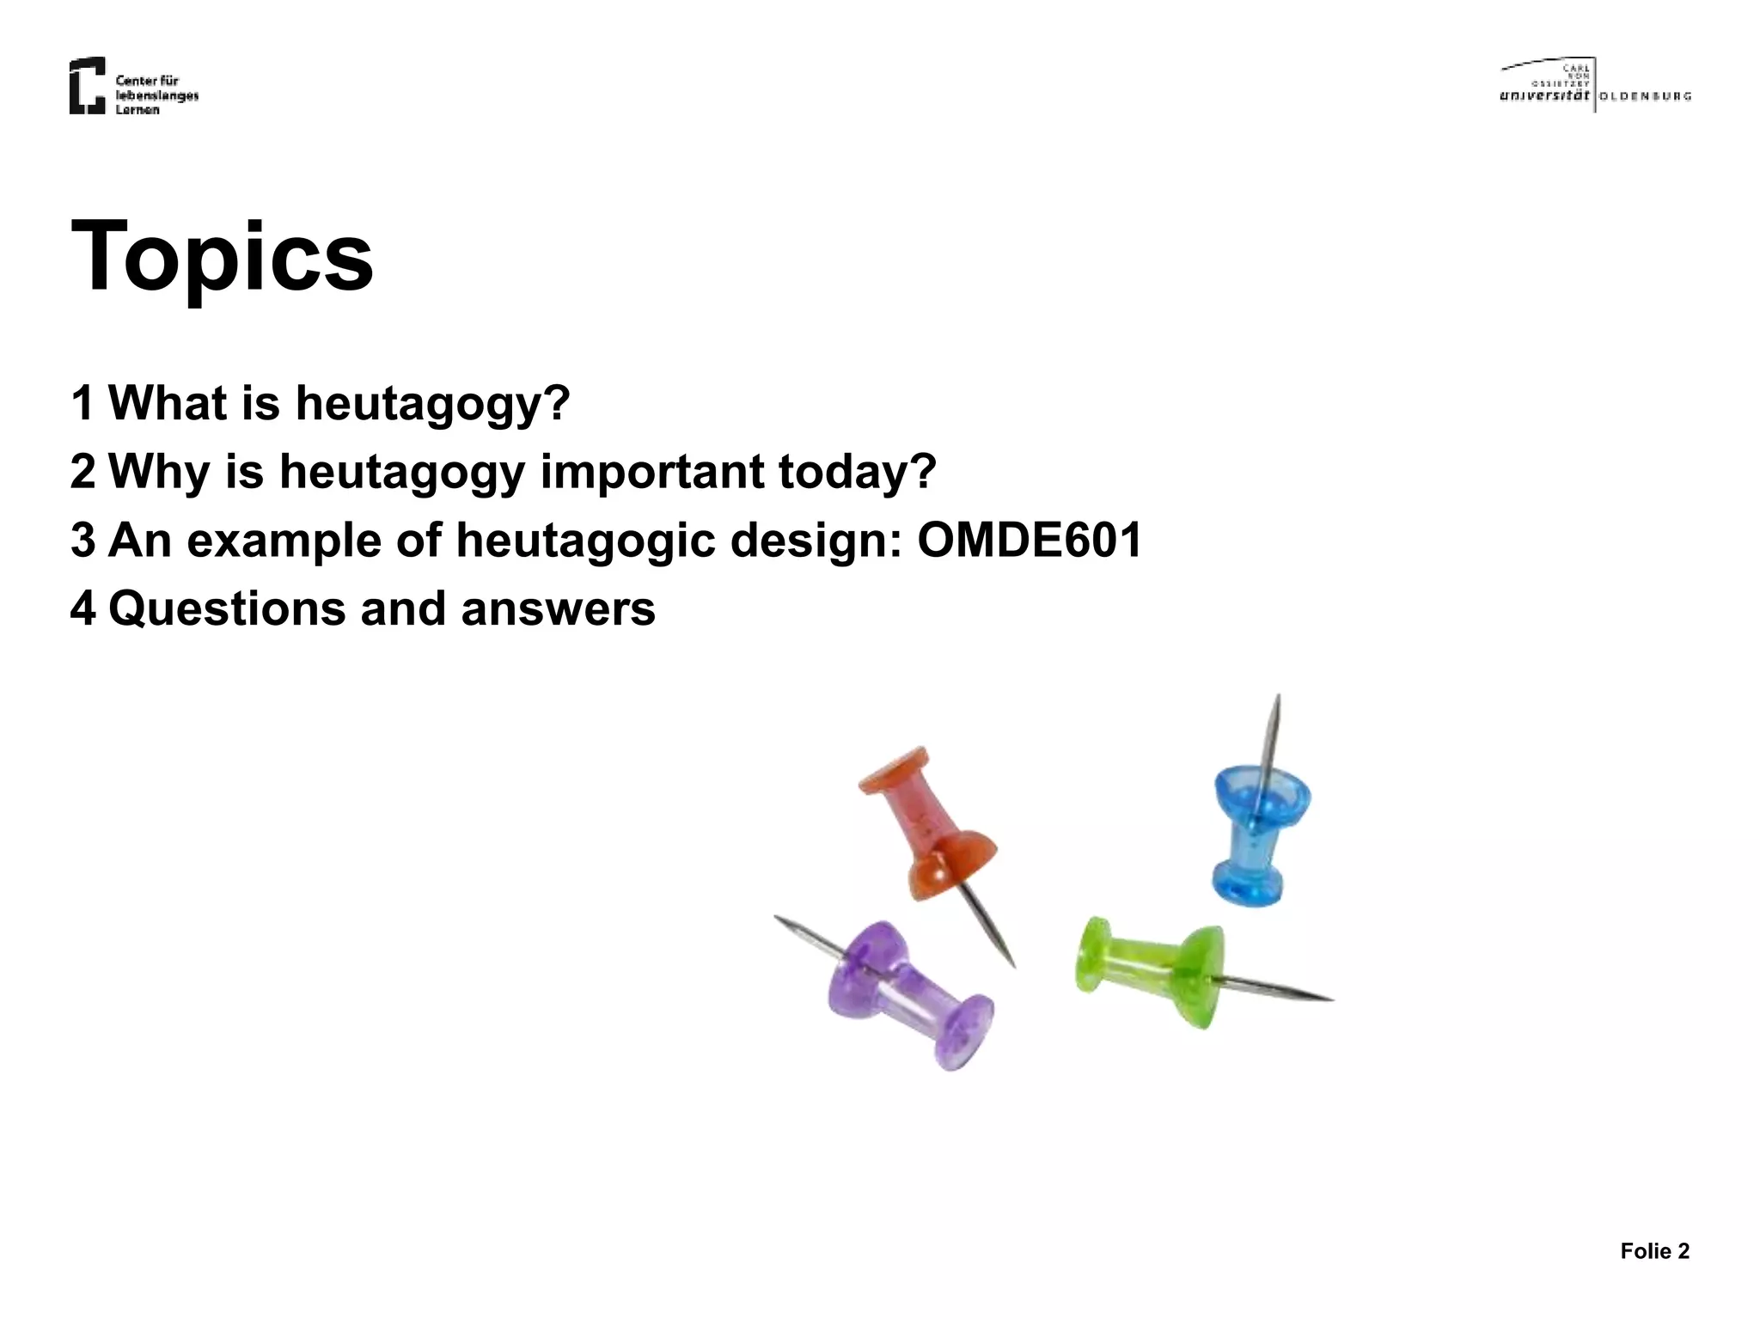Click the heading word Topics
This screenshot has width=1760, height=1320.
[x=222, y=256]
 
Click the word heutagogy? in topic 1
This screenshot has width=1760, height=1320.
[x=432, y=404]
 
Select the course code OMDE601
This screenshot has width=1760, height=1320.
[x=1029, y=541]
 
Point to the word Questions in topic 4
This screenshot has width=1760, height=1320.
[x=226, y=609]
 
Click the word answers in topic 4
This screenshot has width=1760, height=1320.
[x=558, y=609]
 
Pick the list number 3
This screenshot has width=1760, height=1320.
[x=82, y=541]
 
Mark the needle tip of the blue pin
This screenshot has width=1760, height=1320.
[x=1277, y=698]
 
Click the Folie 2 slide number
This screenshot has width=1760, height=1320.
[x=1654, y=1251]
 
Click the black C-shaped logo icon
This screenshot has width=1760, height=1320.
[x=87, y=85]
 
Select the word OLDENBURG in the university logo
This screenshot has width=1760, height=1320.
[x=1645, y=96]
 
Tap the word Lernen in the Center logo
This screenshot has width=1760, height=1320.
[x=137, y=110]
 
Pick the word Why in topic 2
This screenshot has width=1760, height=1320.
[x=159, y=472]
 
